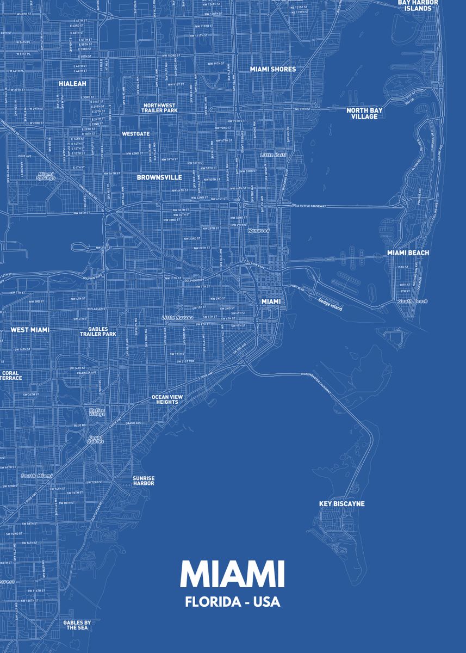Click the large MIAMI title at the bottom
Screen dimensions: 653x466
point(232,574)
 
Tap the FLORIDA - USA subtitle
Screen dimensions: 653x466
point(232,602)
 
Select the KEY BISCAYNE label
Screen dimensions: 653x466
point(341,504)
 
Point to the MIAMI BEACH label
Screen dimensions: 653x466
point(408,253)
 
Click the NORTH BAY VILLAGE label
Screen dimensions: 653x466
point(364,113)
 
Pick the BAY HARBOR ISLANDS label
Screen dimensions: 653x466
point(414,5)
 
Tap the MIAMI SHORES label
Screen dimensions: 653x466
point(273,70)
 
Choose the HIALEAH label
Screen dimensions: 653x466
point(73,84)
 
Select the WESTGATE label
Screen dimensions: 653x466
point(135,133)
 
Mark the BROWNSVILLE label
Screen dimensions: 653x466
point(159,177)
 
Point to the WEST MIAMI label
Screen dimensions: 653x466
point(30,330)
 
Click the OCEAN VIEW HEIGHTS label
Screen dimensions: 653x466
point(167,399)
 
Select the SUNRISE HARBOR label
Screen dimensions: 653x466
point(144,481)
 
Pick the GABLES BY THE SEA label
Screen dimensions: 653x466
point(77,625)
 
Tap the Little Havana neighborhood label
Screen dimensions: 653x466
point(177,318)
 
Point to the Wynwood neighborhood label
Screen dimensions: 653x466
point(258,231)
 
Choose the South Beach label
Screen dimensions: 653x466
point(413,301)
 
